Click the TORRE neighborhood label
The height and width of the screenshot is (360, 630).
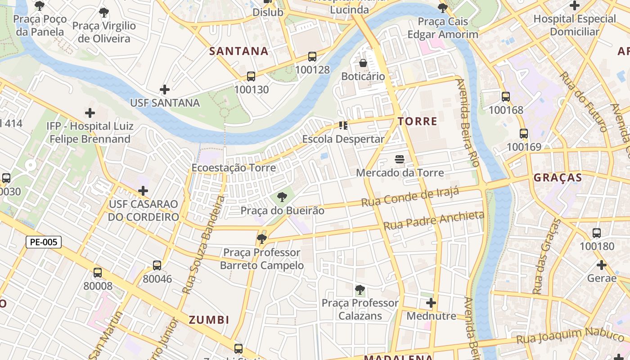(417, 121)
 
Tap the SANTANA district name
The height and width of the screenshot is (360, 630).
(239, 51)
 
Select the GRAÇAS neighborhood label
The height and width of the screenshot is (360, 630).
(558, 177)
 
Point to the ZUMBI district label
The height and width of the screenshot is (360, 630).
(209, 320)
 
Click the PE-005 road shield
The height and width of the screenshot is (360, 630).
(44, 242)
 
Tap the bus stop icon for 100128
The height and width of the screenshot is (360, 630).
(312, 57)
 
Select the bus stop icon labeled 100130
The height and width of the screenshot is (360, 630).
(251, 76)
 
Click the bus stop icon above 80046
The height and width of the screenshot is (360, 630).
(157, 265)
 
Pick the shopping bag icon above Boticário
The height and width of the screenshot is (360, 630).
(363, 63)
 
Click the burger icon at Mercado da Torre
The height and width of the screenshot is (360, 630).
(400, 159)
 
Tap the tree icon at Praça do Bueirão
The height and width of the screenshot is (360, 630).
(282, 197)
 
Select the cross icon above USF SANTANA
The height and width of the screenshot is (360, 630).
(165, 89)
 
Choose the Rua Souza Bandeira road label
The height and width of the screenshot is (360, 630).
(201, 245)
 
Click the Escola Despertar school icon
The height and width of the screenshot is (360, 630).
(344, 125)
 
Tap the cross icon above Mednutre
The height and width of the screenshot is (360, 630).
(431, 303)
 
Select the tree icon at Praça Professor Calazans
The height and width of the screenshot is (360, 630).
(360, 289)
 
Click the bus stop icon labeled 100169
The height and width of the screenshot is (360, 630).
(524, 134)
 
